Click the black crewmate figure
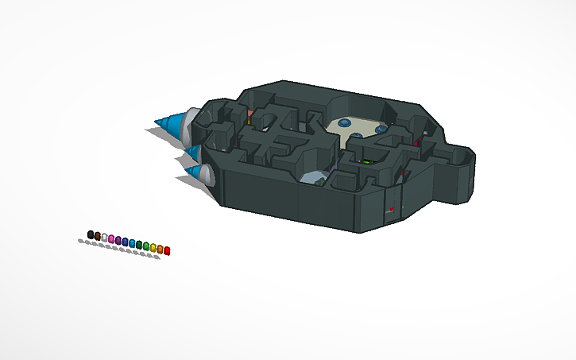click(91, 234)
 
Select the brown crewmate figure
click(98, 236)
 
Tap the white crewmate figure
click(104, 238)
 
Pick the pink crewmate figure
click(111, 239)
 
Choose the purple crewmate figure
click(118, 240)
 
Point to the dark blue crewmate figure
click(125, 242)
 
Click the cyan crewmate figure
click(132, 243)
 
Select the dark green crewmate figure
click(139, 245)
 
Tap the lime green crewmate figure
click(145, 246)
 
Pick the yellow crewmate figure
click(153, 248)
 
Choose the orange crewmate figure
click(160, 249)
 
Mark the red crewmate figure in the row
click(167, 250)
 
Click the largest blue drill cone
click(169, 124)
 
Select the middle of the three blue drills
click(191, 149)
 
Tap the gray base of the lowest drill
click(207, 176)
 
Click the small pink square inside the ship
click(250, 114)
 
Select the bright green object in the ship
click(366, 162)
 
